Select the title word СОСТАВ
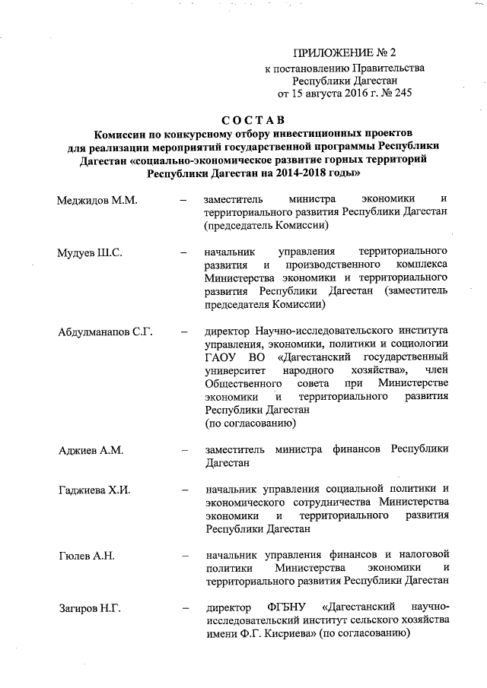(253, 119)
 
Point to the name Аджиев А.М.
(91, 449)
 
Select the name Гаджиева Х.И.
(94, 489)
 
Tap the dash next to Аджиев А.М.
(183, 449)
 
